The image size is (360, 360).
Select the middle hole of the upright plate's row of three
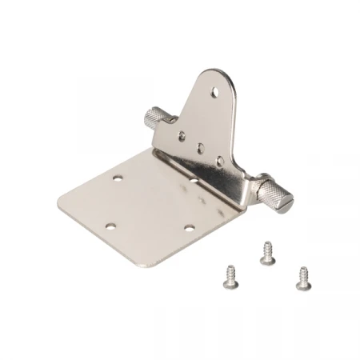pos(200,148)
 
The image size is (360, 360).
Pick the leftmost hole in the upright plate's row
pos(182,134)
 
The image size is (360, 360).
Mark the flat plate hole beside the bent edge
pos(194,182)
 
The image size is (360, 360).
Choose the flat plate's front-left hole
pos(111,225)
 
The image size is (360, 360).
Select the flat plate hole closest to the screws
pos(189,228)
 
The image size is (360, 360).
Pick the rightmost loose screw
pos(303,277)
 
